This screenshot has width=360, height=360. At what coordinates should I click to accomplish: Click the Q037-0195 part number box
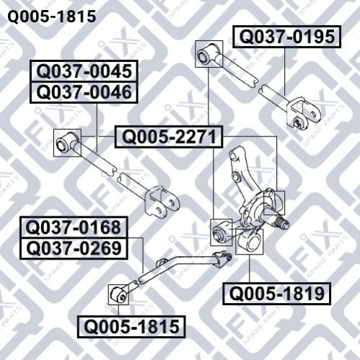pos(286,37)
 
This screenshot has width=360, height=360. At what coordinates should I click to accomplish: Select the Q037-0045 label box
pos(84,71)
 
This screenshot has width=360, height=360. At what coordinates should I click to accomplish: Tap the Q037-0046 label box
pos(84,92)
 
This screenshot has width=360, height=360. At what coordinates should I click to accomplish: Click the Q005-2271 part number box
pos(169,136)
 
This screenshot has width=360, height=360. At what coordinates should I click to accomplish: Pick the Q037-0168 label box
pos(74,227)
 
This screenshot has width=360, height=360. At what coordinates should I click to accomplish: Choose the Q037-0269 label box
pos(74,248)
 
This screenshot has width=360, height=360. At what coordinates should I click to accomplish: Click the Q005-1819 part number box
pos(276,294)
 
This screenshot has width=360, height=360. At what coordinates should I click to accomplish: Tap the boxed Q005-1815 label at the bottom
pos(131,327)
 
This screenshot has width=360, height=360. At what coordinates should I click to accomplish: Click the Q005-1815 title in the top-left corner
pos(52,17)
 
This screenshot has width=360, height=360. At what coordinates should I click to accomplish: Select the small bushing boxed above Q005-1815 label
pos(118,294)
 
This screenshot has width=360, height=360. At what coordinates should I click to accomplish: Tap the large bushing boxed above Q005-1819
pos(249,242)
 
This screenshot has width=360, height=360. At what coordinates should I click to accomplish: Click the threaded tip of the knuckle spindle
pos(282,221)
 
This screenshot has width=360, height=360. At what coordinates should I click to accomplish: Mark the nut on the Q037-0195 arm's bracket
pos(299,123)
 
